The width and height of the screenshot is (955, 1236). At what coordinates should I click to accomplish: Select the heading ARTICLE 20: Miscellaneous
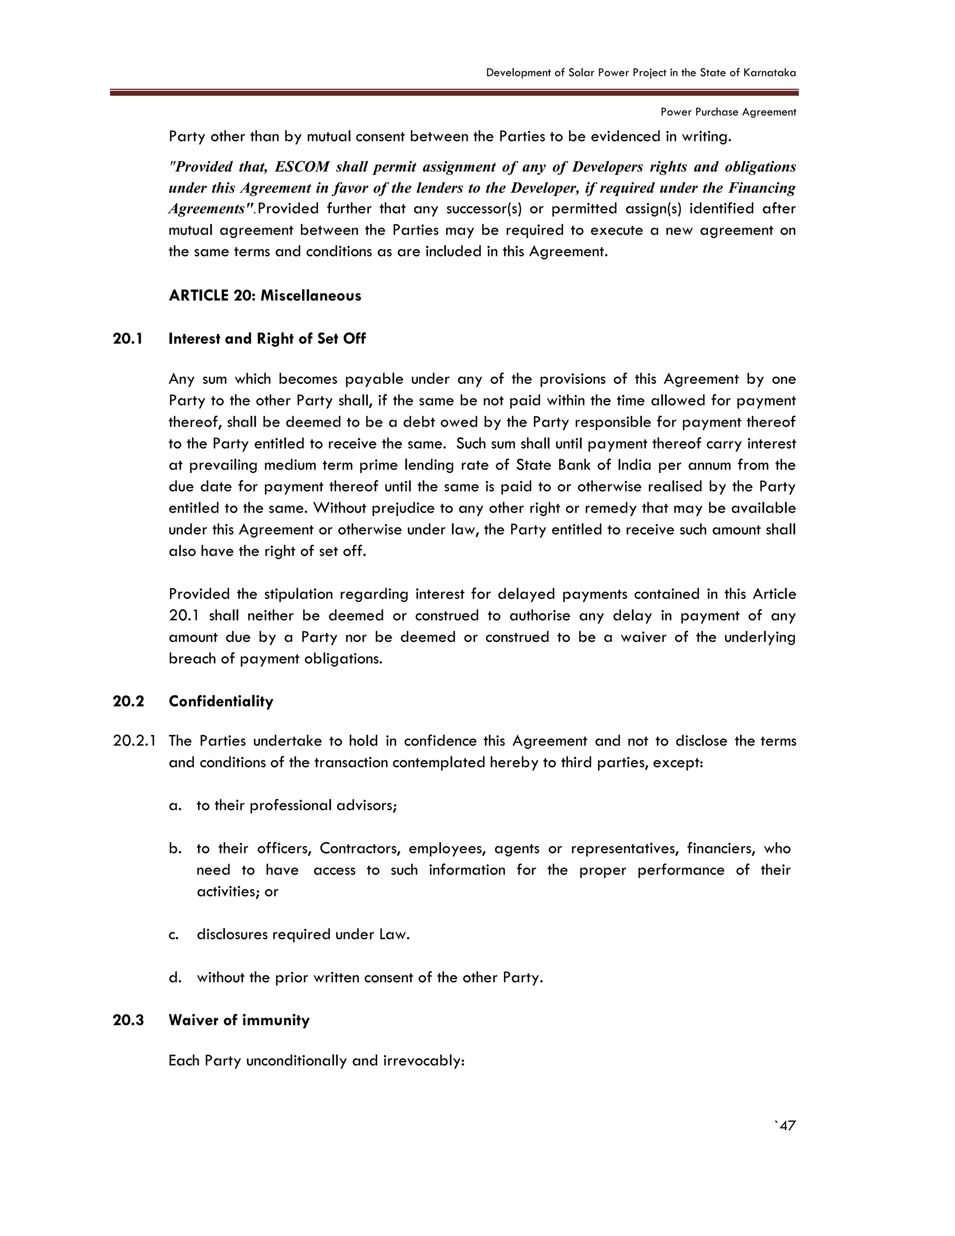tap(265, 295)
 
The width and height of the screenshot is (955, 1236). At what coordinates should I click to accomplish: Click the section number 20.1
tap(128, 339)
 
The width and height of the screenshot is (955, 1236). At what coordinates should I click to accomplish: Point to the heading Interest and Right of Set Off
tap(267, 339)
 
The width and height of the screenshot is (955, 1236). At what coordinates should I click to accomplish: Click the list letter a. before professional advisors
tap(175, 805)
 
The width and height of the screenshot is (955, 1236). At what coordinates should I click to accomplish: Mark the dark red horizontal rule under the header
tap(454, 92)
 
